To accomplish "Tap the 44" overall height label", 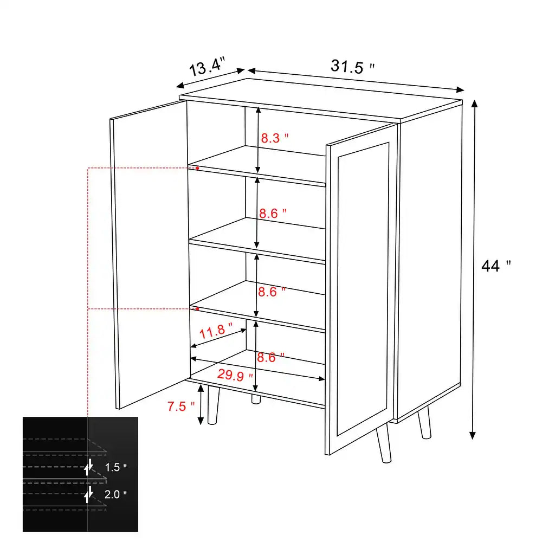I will pos(496,266).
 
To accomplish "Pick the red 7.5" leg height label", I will pos(181,406).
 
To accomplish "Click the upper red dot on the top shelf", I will pos(197,168).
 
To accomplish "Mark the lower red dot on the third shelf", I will pos(197,308).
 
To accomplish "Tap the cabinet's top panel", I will pos(320,98).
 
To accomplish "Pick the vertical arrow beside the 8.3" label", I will pos(258,138).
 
